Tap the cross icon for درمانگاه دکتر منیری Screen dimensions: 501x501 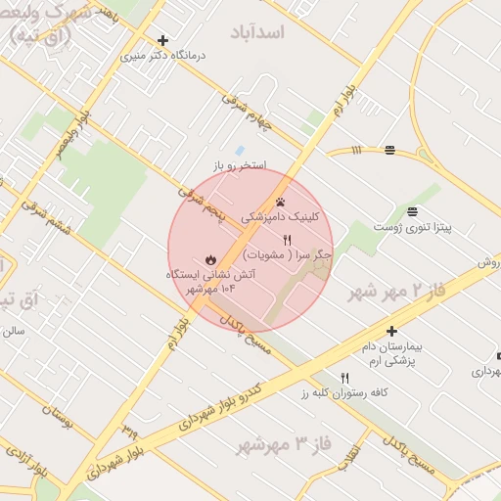[x=162, y=41]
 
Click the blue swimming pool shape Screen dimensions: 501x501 [x=239, y=150]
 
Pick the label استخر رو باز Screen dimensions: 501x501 [x=240, y=165]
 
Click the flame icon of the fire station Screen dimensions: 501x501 [x=209, y=260]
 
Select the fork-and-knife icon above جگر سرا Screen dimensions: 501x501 [x=287, y=240]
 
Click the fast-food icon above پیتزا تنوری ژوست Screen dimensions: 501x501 [x=412, y=211]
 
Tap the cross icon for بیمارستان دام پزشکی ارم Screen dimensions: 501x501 [x=391, y=332]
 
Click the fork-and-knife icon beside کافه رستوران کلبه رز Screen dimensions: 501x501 [x=344, y=378]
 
